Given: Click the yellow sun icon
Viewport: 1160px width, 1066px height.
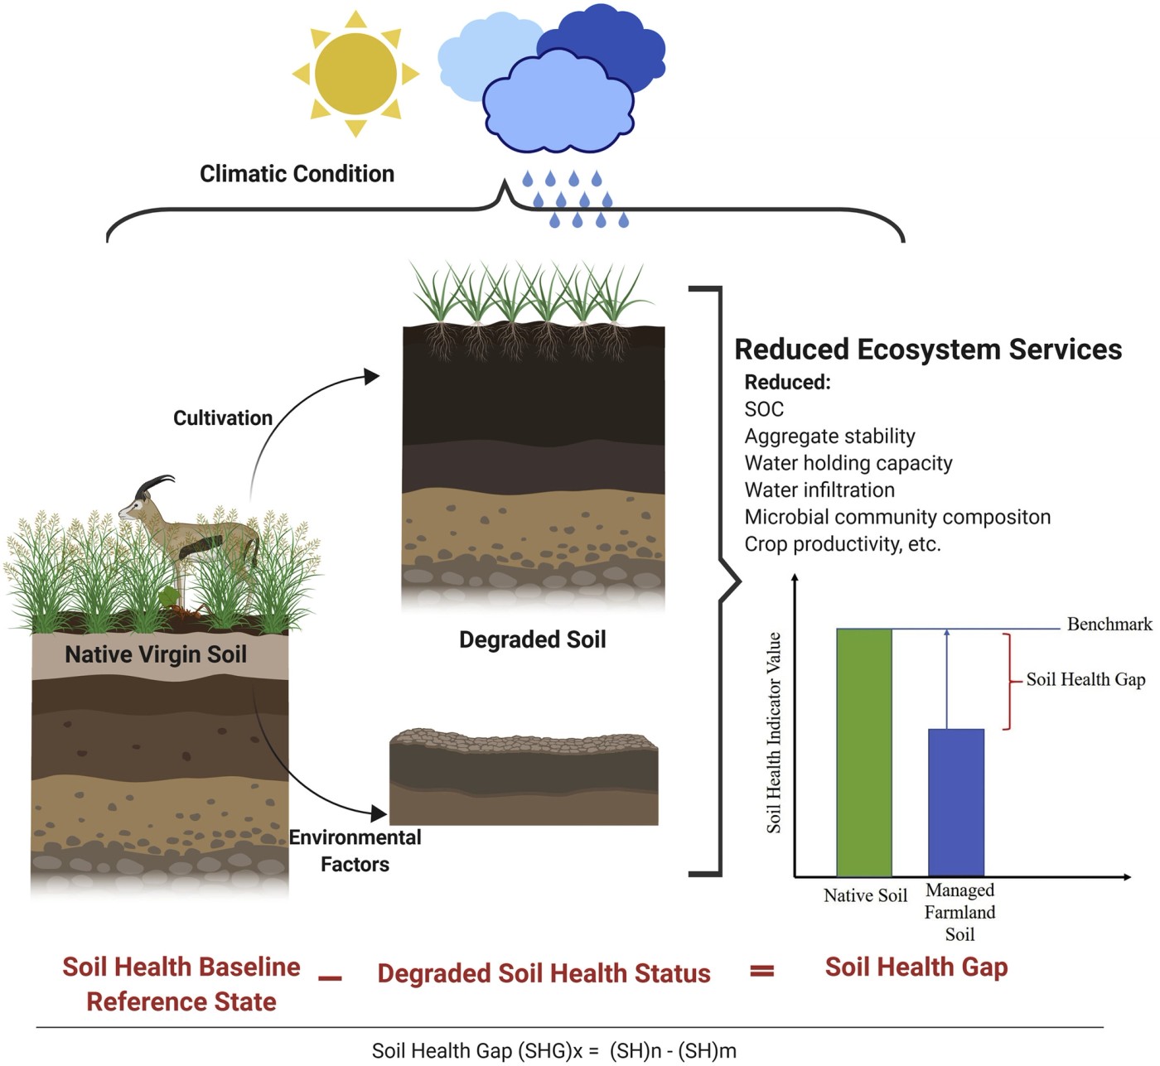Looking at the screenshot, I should click(x=355, y=74).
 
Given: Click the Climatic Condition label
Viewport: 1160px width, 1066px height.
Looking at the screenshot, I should click(x=297, y=174).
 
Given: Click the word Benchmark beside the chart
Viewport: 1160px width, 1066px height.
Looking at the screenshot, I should click(x=1109, y=625).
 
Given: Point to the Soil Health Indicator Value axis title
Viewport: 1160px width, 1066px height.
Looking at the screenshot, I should click(x=774, y=732).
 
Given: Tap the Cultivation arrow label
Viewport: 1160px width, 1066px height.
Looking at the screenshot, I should click(x=223, y=418).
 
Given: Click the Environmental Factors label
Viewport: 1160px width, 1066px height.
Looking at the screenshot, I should click(x=355, y=851).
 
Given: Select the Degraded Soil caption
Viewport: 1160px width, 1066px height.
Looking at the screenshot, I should click(x=533, y=639).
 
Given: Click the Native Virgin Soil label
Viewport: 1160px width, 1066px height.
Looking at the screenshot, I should click(x=156, y=654).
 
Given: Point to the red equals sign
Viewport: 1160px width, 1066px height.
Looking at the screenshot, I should click(x=761, y=971).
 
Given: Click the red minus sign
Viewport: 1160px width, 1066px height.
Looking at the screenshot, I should click(x=330, y=978).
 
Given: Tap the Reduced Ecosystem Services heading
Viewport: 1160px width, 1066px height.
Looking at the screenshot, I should click(x=928, y=350).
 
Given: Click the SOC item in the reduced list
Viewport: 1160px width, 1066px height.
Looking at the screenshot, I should click(x=764, y=409).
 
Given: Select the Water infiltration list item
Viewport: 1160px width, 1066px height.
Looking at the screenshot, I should click(x=819, y=490).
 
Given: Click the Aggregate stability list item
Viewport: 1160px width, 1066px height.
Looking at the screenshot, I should click(x=829, y=437).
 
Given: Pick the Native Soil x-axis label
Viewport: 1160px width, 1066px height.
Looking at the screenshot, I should click(x=865, y=895).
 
